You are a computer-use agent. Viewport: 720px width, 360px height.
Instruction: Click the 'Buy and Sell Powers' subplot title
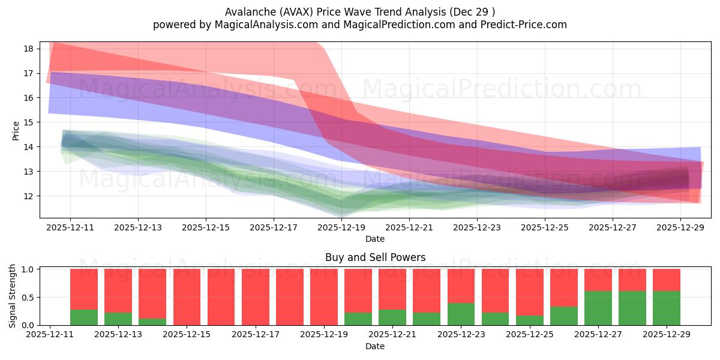(375, 257)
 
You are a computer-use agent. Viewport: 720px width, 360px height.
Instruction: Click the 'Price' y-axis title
(16, 130)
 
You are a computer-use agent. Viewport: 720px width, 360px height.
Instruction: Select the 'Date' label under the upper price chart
(375, 239)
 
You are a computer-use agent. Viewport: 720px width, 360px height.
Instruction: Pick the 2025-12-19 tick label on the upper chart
(341, 227)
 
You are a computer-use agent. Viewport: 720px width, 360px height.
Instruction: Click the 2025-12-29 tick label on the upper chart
(680, 227)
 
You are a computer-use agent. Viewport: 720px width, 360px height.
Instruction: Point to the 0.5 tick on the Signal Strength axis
(28, 298)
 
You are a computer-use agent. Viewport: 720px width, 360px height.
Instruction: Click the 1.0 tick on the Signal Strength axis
(28, 269)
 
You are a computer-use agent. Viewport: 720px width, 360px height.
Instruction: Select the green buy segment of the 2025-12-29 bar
(666, 308)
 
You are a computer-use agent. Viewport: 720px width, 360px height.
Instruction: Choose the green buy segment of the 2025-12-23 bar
(461, 314)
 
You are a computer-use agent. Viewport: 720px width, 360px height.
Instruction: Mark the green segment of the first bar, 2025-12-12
(84, 317)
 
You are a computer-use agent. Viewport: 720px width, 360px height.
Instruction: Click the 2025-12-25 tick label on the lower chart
(529, 335)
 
